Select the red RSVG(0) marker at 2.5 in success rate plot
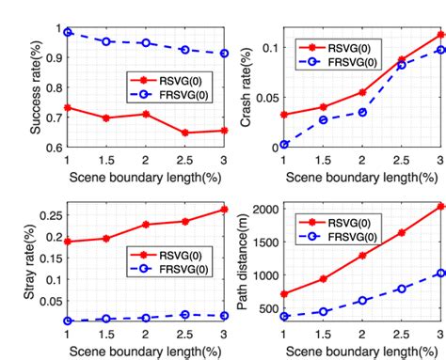point(184,133)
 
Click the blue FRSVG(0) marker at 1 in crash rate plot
point(284,145)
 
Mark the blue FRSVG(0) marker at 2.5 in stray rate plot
point(184,315)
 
